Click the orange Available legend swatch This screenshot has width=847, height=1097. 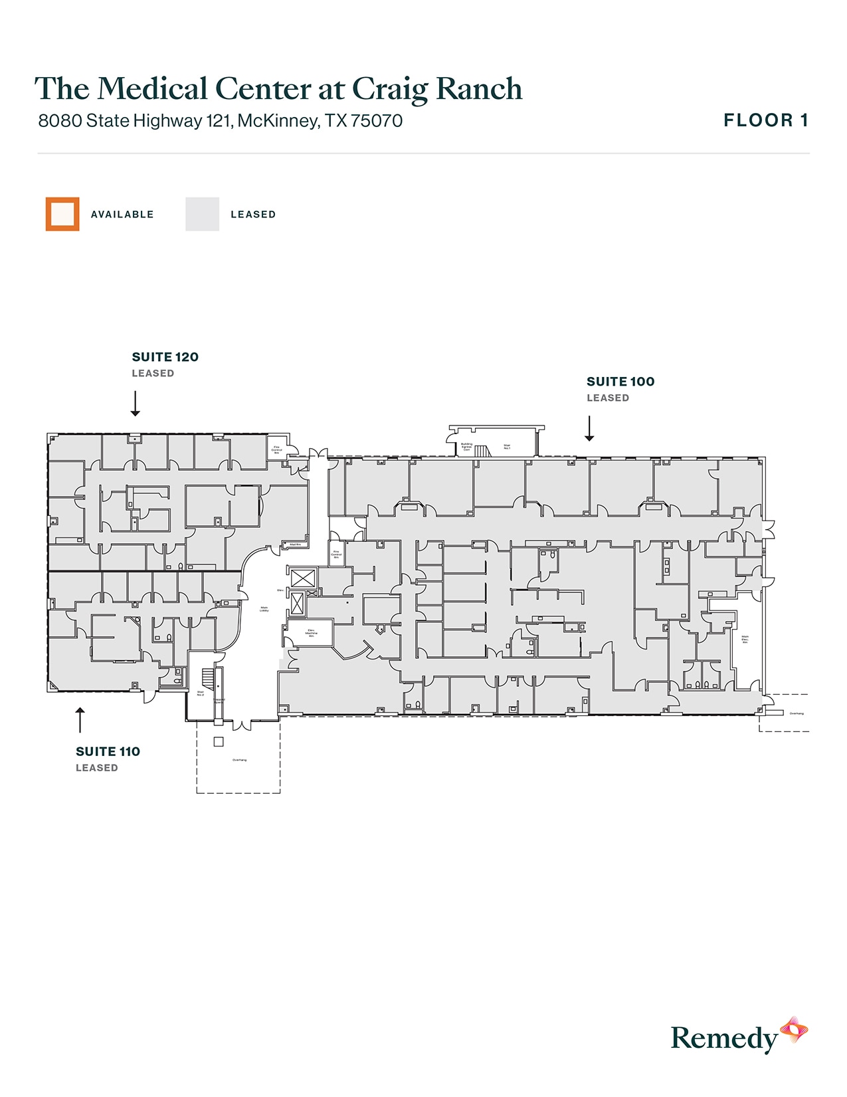pos(62,214)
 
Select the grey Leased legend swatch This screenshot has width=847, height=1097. pos(202,214)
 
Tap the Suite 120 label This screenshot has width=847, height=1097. pos(165,357)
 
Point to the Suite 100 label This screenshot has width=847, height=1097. pos(620,382)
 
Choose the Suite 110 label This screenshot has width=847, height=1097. pos(108,752)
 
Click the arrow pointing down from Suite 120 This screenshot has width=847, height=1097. pos(136,404)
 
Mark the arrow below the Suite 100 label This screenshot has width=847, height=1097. pos(589,429)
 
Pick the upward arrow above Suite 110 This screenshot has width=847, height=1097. pos(80,720)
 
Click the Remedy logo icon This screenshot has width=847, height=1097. pos(794,1031)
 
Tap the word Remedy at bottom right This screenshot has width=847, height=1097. pos(724,1038)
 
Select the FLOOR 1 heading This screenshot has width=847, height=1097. pos(766,120)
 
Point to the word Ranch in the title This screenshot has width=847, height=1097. pos(479,89)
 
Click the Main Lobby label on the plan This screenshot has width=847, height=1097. pos(264,608)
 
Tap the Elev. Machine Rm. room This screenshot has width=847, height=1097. pos(311,633)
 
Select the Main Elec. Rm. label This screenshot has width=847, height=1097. pos(745,639)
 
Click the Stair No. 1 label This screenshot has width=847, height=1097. pos(507,447)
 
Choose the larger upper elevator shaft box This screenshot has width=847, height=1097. pos(302,578)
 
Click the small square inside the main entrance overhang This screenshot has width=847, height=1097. pos(219,742)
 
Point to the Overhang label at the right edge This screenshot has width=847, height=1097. pos(797,713)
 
